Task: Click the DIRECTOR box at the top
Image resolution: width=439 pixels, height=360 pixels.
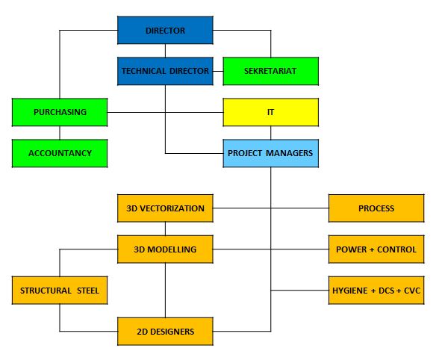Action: coord(165,31)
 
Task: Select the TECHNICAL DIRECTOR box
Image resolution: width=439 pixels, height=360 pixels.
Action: coord(165,71)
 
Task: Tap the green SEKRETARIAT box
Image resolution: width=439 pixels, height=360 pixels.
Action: coord(271,71)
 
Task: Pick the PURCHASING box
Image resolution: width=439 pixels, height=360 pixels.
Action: coord(60,112)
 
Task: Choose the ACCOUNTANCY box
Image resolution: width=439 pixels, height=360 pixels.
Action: coord(60,153)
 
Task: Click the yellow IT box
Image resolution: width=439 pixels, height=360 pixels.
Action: coord(271,112)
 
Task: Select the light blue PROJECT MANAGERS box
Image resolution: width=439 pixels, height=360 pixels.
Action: coord(271,153)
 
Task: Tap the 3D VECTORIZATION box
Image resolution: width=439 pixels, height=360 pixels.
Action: coord(165,208)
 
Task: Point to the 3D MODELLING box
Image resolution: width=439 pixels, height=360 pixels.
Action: coord(165,249)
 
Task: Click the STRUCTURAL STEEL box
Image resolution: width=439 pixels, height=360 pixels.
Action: coord(60,291)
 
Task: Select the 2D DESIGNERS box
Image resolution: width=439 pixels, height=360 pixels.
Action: coord(165,332)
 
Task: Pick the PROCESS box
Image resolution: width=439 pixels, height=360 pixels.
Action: coord(376,208)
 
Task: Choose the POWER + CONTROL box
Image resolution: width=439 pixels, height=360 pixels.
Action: coord(376,249)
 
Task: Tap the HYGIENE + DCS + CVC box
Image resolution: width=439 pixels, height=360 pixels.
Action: coord(376,291)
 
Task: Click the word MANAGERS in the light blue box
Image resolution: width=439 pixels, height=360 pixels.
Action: coord(289,153)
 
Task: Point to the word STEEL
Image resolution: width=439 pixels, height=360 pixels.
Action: coord(88,291)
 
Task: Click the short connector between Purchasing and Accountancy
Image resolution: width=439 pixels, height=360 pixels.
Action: coord(60,133)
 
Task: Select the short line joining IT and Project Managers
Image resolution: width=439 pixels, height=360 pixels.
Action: coord(271,133)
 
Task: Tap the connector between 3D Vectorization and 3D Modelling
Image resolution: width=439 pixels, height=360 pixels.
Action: coord(165,229)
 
